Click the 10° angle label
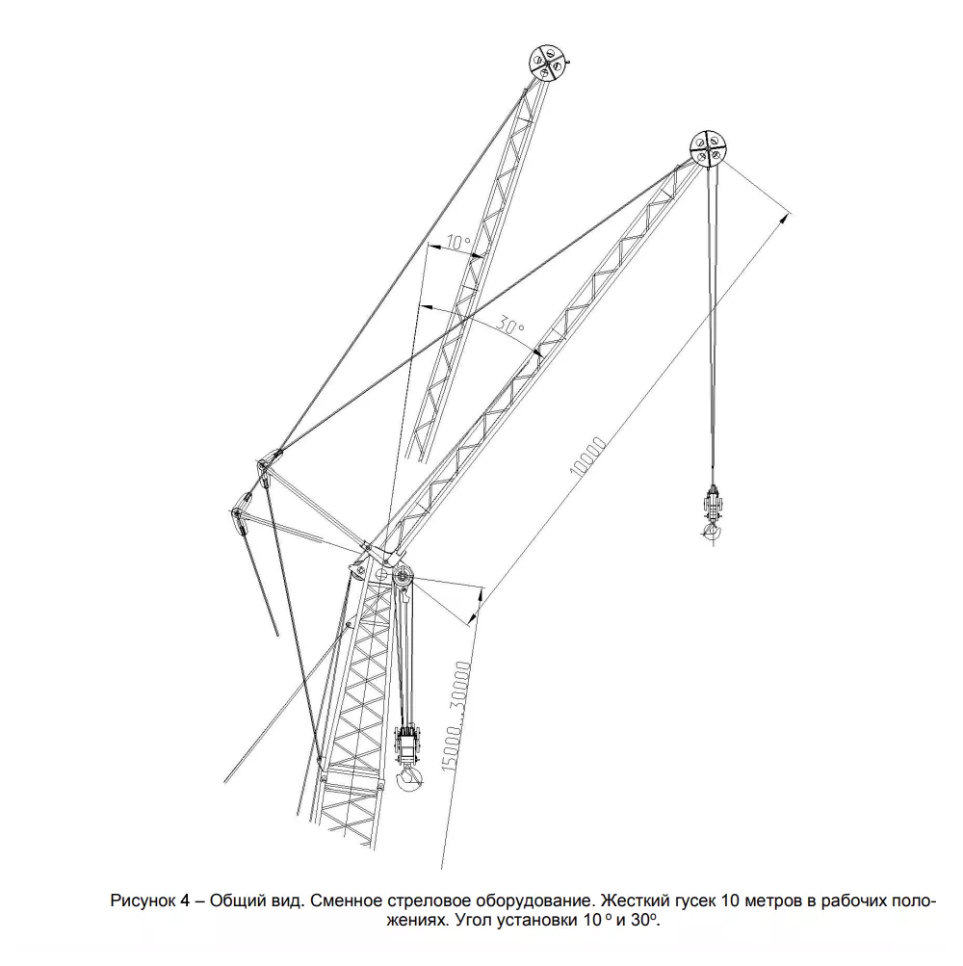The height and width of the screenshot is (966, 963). pyautogui.click(x=457, y=242)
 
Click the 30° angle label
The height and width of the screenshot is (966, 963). pyautogui.click(x=510, y=326)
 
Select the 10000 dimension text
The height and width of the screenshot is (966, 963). pyautogui.click(x=588, y=457)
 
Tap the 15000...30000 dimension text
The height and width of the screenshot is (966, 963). pyautogui.click(x=455, y=718)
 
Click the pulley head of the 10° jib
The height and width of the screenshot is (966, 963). pyautogui.click(x=546, y=63)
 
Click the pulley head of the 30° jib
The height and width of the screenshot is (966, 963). pyautogui.click(x=707, y=148)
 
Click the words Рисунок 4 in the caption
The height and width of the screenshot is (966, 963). pyautogui.click(x=149, y=901)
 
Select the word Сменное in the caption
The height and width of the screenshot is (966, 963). pyautogui.click(x=346, y=901)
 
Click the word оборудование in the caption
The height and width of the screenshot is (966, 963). pyautogui.click(x=534, y=901)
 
